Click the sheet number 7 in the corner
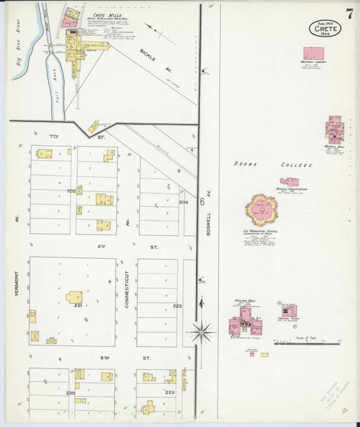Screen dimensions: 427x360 pos(349,14)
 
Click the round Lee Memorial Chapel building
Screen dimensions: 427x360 pos(261,211)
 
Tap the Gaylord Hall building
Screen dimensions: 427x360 pos(243,322)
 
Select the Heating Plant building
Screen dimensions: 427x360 pos(289,311)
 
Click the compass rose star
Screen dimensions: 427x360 pos(201,332)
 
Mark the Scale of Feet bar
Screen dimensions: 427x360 pos(297,343)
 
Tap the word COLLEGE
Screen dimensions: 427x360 pos(297,165)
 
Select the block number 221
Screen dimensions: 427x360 pos(78,305)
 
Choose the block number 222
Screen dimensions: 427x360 pos(177,306)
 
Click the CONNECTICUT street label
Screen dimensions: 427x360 pos(127,289)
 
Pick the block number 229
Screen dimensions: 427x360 pos(170,393)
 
